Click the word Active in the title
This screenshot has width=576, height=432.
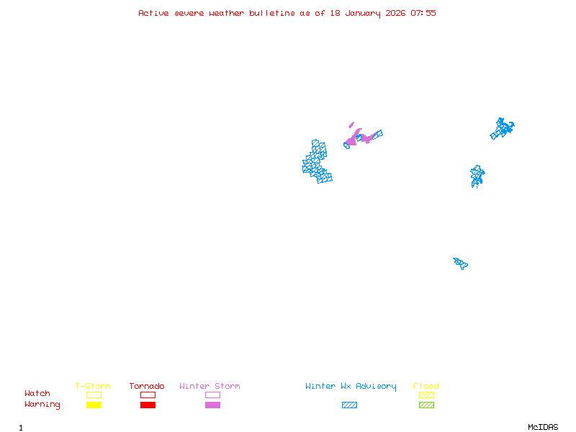[153, 13]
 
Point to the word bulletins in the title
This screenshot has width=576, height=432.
[271, 13]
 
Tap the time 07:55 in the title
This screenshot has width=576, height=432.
[423, 13]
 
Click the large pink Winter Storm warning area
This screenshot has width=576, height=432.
[356, 137]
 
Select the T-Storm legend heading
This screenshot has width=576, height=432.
[93, 387]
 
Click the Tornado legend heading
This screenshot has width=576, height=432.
[147, 387]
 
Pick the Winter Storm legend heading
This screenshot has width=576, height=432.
[210, 387]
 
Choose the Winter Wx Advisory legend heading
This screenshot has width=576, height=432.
[351, 387]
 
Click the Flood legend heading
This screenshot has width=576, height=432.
[426, 387]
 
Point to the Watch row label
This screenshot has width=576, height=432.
[37, 394]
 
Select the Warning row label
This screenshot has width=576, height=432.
[42, 405]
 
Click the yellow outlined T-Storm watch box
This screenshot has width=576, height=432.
[94, 395]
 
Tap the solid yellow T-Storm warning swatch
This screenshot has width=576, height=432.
[94, 405]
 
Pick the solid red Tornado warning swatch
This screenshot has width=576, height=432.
[148, 405]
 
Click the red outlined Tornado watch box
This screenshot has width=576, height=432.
[148, 395]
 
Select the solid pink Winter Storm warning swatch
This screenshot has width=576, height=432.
[212, 405]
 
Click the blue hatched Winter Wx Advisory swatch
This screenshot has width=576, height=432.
[349, 405]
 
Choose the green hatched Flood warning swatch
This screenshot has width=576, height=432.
[426, 405]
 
